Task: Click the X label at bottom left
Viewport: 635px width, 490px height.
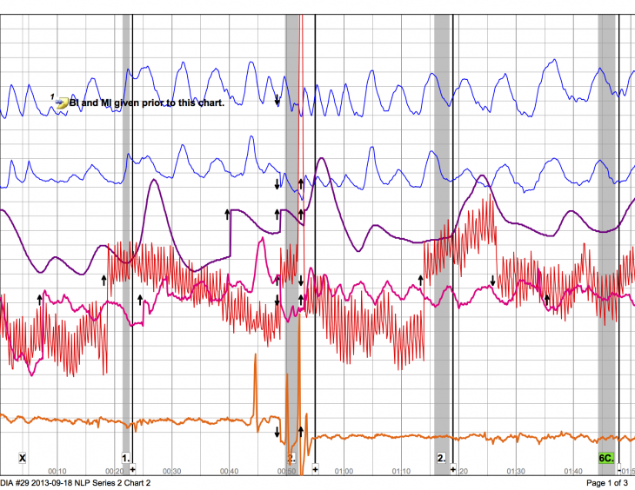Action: coord(23,457)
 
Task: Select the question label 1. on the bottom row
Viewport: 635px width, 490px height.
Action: coord(125,457)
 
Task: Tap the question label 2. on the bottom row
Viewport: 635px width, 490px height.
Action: coord(441,457)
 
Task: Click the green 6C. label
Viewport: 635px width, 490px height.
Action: coord(606,457)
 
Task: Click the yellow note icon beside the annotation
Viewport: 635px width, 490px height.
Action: coord(61,103)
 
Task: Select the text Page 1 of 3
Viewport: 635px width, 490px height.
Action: coord(608,483)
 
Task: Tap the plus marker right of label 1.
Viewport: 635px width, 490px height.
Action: coord(133,467)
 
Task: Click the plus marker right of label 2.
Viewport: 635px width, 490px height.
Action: coord(452,467)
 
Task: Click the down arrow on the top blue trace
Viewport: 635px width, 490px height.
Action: coord(277,100)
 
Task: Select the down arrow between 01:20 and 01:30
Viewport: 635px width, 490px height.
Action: coord(492,281)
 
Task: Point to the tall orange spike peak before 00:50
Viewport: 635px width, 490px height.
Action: coord(256,355)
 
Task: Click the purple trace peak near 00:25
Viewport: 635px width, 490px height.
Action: coord(154,180)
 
